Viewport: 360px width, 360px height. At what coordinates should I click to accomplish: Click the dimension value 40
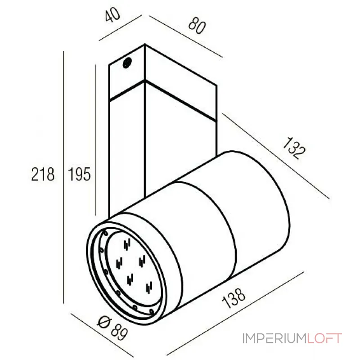(x=113, y=17)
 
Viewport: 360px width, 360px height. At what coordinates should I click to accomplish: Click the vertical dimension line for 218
(x=63, y=180)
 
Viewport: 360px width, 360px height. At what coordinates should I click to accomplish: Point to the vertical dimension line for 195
(x=96, y=139)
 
